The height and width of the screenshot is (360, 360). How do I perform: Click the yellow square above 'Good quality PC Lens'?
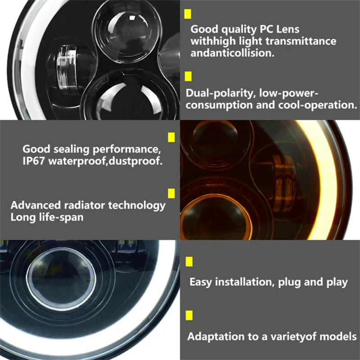[x=188, y=14]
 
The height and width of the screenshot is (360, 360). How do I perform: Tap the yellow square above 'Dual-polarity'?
[x=188, y=76]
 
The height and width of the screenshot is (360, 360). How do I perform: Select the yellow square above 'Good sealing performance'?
[x=171, y=137]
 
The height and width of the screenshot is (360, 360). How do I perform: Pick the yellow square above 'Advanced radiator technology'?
[x=171, y=193]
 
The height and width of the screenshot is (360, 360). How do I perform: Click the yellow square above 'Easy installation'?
[x=189, y=261]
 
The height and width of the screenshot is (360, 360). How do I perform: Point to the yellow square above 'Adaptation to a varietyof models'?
[x=189, y=315]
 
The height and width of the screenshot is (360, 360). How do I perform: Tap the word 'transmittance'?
[x=301, y=41]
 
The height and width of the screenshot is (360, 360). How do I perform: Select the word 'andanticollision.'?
[x=232, y=53]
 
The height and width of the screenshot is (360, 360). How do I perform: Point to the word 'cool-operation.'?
[x=318, y=105]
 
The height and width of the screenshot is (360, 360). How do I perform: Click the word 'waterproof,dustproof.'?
[x=105, y=161]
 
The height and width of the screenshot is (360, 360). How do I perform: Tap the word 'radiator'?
[x=85, y=205]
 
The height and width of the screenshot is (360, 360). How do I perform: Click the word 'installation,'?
[x=245, y=282]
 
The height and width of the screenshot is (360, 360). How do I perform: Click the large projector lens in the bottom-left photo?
[x=61, y=279]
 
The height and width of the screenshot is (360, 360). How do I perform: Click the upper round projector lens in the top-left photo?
[x=127, y=32]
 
